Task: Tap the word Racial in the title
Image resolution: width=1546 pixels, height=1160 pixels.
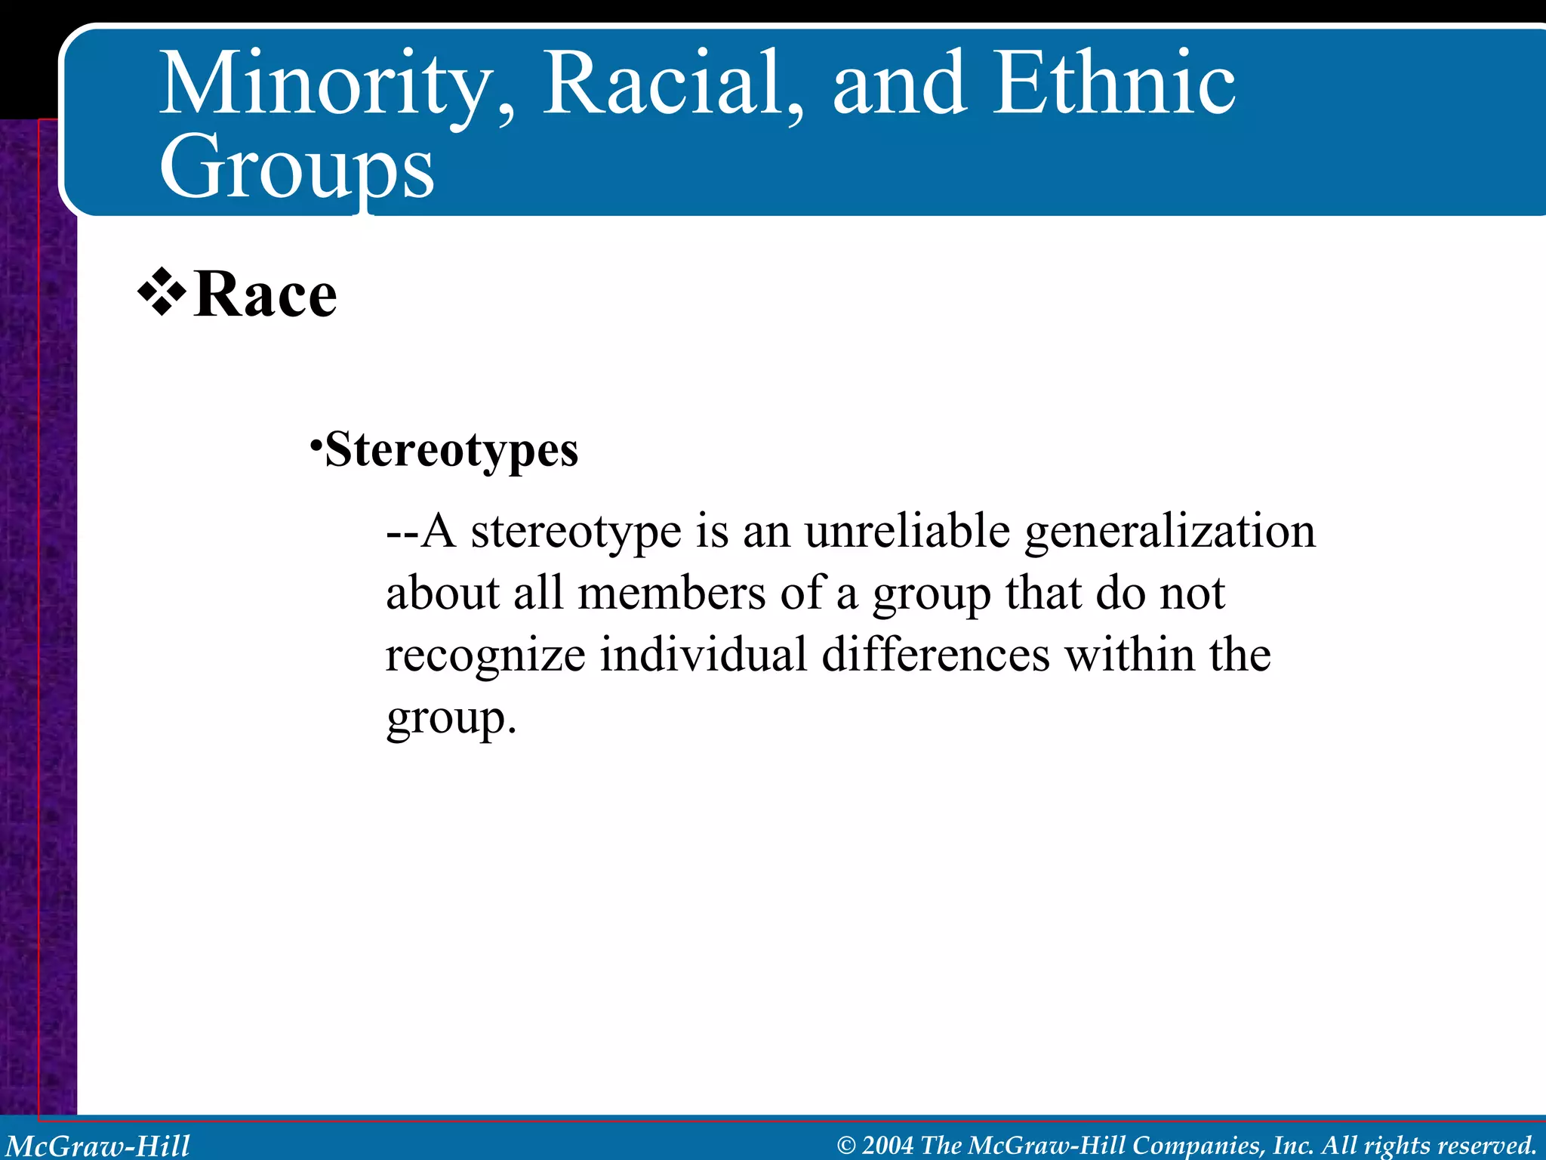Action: [664, 83]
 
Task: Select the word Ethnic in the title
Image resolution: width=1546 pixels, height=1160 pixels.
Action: [1114, 83]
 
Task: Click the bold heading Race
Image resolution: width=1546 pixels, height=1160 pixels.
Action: [265, 295]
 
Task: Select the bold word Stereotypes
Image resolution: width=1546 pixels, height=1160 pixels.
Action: [451, 451]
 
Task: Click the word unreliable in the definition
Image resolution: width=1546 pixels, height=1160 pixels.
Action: [906, 531]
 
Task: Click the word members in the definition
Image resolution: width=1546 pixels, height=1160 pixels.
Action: [671, 594]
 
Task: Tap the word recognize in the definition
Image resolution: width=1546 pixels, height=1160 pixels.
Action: [485, 656]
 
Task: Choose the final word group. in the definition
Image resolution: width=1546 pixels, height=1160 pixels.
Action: [451, 719]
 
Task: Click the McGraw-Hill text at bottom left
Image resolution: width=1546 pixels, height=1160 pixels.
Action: [98, 1145]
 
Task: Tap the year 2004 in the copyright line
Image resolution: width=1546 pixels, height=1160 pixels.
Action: [888, 1146]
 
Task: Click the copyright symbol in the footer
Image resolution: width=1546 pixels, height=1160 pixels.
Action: [846, 1146]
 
